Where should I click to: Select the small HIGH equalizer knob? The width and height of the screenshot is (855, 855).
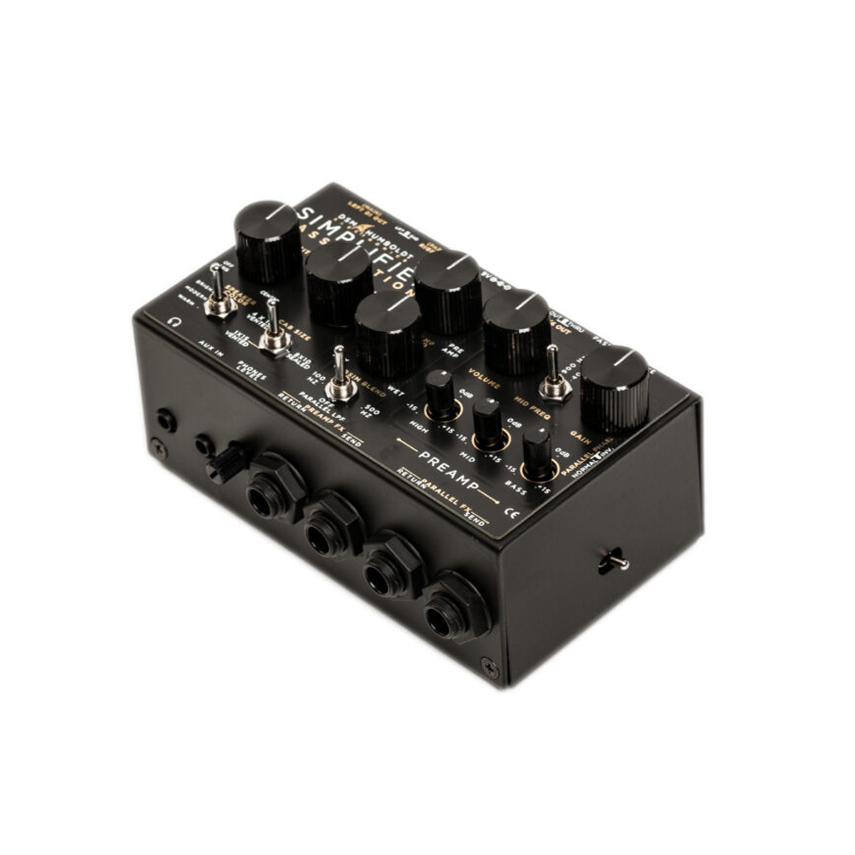(441, 395)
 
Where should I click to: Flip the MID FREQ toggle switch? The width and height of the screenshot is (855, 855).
(554, 376)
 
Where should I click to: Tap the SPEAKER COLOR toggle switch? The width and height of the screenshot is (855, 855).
(220, 292)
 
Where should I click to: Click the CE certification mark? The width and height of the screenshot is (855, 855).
(513, 513)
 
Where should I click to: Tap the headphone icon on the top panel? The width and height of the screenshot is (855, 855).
(174, 322)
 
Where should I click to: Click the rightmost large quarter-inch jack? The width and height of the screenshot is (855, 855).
(457, 608)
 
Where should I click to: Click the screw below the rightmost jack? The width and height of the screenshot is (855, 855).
(489, 667)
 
